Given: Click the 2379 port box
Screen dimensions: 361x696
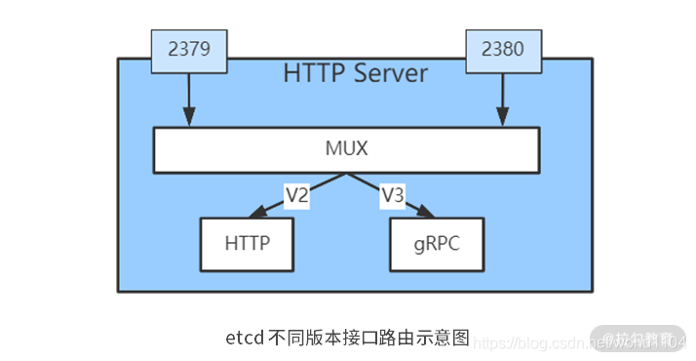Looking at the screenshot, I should (x=190, y=51).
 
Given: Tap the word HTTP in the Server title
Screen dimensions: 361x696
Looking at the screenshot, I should (x=312, y=73).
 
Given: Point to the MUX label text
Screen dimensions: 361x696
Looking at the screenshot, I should (x=347, y=149).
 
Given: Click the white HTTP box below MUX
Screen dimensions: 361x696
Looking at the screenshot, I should (x=248, y=244).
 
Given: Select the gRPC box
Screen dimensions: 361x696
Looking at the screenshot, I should (x=438, y=244).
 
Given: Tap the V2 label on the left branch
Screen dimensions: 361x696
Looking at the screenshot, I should (x=296, y=195).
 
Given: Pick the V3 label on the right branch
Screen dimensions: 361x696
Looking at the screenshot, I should (x=393, y=195).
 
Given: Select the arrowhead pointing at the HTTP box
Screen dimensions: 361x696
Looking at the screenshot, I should (x=257, y=213).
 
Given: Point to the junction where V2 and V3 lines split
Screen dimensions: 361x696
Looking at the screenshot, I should (x=344, y=174).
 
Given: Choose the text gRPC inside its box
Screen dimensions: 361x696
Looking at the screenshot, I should (x=438, y=244).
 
